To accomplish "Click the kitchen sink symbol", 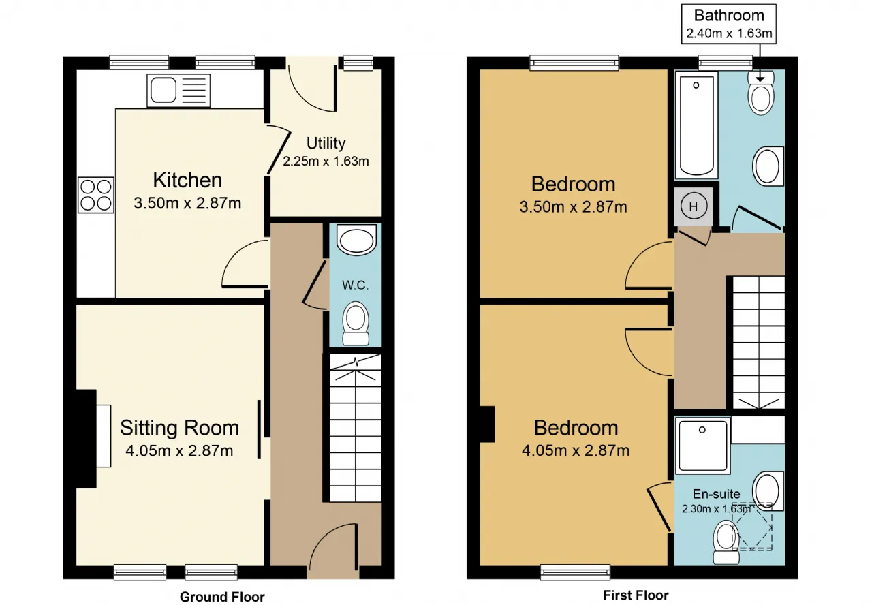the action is (178, 91).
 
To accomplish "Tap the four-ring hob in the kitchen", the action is (96, 195).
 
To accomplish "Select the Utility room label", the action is (326, 143).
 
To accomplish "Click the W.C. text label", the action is (355, 285).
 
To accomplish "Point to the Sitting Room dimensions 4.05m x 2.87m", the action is (179, 450).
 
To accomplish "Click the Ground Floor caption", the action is (222, 596).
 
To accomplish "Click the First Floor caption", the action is (636, 595).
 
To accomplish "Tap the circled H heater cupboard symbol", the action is (694, 206).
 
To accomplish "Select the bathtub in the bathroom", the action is (696, 125).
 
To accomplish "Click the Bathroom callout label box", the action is (729, 24).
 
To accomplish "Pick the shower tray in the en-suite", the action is (702, 446).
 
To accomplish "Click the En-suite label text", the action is (716, 494).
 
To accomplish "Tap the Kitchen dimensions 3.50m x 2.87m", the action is (187, 203).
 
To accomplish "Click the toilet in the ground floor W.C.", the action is (356, 323).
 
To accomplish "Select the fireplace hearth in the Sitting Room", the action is (104, 435).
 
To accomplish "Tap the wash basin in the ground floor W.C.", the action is (356, 240).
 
